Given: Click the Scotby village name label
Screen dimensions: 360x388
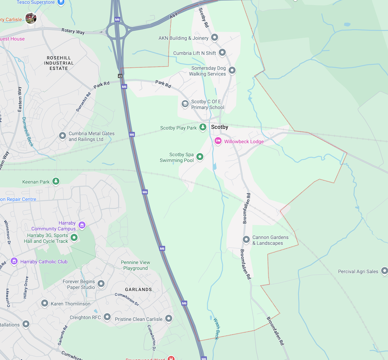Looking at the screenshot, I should tap(220, 127).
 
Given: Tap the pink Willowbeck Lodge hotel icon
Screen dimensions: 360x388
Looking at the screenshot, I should tap(218, 141).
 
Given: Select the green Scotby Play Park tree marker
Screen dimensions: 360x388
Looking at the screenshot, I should tap(203, 127).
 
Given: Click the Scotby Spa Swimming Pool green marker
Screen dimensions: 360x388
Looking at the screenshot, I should tap(200, 157).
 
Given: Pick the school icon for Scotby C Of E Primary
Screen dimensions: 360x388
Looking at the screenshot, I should tap(185, 104).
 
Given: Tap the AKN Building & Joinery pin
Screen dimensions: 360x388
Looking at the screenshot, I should tap(215, 38).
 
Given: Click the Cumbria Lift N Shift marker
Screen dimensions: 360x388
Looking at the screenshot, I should tap(222, 52).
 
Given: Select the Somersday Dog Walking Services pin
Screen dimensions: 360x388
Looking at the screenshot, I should tap(232, 70).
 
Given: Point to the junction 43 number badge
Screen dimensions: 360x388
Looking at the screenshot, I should tap(120, 76).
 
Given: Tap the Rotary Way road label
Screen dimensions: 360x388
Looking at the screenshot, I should tap(73, 31).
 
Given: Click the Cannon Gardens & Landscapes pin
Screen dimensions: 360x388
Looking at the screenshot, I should tap(246, 240).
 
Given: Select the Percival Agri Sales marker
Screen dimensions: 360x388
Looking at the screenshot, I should tap(385, 271).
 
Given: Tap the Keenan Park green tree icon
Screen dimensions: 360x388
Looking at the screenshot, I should tap(56, 181).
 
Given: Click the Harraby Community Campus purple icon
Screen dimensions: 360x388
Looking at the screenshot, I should tap(81, 225).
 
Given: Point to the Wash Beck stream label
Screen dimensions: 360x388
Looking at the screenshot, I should tap(217, 329).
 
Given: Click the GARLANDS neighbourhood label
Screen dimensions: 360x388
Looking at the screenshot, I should tap(138, 289).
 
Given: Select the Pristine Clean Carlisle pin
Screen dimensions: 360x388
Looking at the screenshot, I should tap(168, 319).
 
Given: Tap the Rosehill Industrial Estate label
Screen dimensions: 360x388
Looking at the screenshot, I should tap(59, 63).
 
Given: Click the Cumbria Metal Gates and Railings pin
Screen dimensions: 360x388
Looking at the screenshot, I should tap(62, 136).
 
